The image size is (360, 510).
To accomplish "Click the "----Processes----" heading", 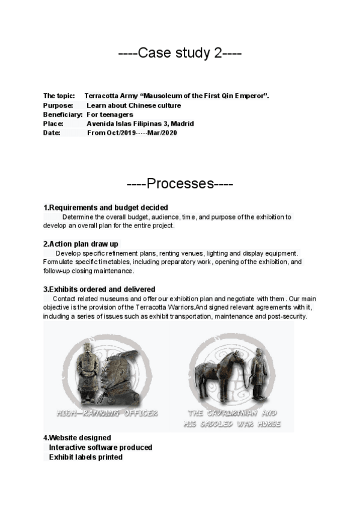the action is (180, 183).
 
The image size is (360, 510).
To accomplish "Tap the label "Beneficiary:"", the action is (63, 114).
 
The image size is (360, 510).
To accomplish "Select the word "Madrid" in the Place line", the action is (182, 123).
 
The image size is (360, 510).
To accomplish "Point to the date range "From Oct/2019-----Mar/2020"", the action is (132, 132).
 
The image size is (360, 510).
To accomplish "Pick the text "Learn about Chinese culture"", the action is (133, 105).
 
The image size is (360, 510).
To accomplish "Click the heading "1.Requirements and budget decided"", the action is (105, 207).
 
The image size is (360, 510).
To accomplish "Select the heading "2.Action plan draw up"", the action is (81, 244).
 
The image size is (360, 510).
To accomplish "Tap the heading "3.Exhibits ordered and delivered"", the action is (99, 289).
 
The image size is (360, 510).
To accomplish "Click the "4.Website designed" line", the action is (77, 438).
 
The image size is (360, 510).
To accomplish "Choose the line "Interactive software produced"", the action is (100, 447).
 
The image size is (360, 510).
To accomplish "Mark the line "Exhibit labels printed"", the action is (85, 457).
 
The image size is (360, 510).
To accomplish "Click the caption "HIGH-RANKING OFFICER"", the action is (107, 413).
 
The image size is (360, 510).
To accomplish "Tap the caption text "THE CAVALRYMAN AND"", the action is (232, 413).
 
